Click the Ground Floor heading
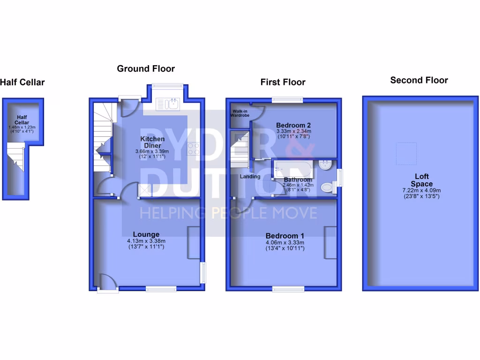click(146, 69)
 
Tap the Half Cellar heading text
click(22, 82)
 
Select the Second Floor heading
click(419, 80)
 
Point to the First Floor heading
click(283, 82)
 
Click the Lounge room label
click(146, 234)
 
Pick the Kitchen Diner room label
click(153, 142)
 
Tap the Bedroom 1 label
click(285, 236)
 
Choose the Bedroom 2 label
click(293, 125)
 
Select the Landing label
click(250, 177)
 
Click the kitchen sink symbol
click(168, 104)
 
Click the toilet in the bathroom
click(328, 187)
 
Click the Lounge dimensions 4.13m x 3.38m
click(146, 241)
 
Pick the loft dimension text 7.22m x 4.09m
click(421, 190)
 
